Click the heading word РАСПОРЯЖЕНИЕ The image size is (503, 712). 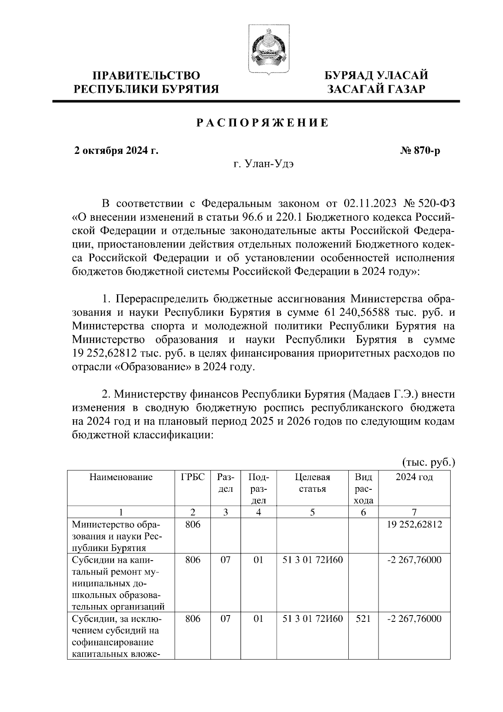pyautogui.click(x=263, y=123)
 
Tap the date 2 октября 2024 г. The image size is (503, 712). pyautogui.click(x=116, y=151)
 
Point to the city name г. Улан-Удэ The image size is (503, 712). pyautogui.click(x=263, y=164)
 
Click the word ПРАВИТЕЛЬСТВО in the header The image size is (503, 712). pyautogui.click(x=146, y=76)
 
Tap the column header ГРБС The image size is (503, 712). pyautogui.click(x=193, y=477)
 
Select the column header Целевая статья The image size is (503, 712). pyautogui.click(x=313, y=483)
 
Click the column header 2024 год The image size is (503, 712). pyautogui.click(x=414, y=477)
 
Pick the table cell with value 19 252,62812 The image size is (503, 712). pyautogui.click(x=414, y=524)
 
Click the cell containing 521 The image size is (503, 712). pyautogui.click(x=363, y=619)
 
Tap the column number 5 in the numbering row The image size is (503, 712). pyautogui.click(x=313, y=512)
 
